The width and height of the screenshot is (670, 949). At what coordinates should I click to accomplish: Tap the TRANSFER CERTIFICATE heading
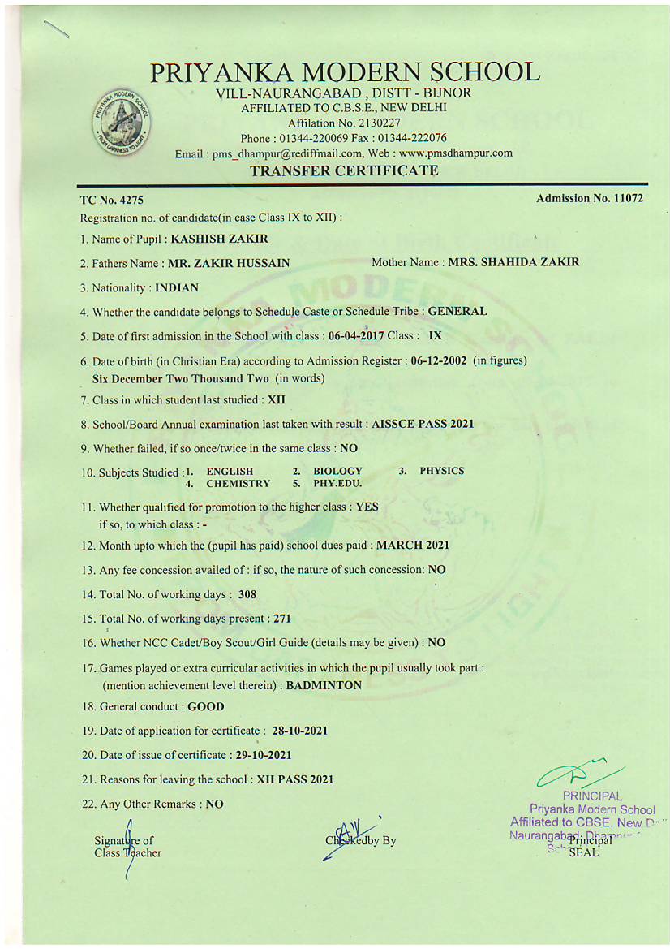tap(344, 170)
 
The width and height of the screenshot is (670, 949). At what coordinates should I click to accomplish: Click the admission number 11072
tap(624, 198)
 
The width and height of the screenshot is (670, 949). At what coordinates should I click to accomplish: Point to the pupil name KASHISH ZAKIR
tap(219, 239)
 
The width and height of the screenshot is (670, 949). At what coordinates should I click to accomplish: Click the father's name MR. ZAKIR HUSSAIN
tap(229, 263)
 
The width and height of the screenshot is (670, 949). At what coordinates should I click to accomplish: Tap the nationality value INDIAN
tap(177, 287)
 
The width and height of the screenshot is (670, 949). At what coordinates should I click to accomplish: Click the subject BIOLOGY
tap(337, 471)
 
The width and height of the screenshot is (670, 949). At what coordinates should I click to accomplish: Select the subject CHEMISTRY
tap(238, 483)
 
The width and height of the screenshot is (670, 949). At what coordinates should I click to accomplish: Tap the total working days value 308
tap(247, 594)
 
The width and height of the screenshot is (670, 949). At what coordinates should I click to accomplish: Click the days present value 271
tap(281, 619)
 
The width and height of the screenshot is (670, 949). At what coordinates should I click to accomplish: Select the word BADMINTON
tap(324, 685)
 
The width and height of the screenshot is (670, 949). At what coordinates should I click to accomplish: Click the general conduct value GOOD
tap(206, 707)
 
